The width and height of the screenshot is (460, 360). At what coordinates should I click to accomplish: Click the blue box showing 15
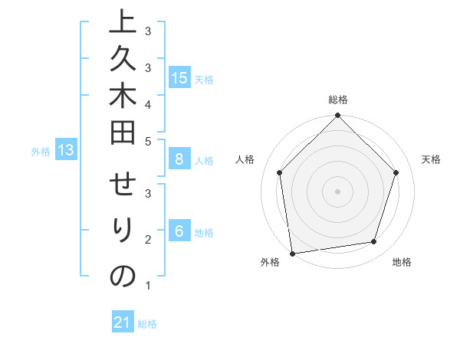click(x=179, y=78)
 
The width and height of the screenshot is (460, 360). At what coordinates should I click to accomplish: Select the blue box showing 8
click(x=179, y=159)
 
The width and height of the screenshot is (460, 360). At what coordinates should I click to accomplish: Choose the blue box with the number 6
click(x=179, y=231)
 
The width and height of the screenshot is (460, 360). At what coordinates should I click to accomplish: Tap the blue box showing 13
click(x=67, y=150)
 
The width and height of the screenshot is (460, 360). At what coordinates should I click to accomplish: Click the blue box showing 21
click(x=123, y=322)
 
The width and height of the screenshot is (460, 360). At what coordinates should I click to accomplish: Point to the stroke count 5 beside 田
click(x=147, y=141)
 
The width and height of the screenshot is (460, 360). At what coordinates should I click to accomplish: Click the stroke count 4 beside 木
click(x=147, y=103)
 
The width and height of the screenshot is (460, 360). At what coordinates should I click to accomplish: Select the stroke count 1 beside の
click(x=147, y=286)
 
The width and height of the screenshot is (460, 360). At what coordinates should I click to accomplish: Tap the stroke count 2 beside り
click(x=147, y=240)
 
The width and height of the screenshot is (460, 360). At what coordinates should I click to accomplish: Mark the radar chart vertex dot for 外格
click(x=292, y=253)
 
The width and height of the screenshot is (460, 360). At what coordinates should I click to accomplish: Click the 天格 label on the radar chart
click(x=431, y=159)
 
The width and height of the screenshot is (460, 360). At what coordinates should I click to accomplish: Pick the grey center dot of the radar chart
click(x=337, y=191)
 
